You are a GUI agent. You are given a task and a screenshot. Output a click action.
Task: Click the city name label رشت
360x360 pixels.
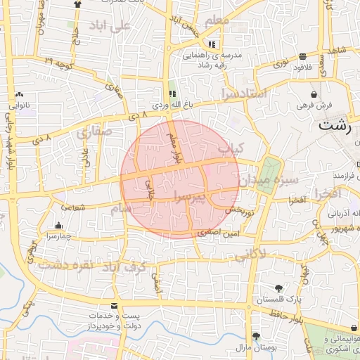335,126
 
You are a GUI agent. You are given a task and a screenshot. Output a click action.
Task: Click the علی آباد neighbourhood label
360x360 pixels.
111,26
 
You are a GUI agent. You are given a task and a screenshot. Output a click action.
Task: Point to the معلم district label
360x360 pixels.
216,22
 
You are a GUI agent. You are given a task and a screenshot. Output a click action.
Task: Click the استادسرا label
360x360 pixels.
243,93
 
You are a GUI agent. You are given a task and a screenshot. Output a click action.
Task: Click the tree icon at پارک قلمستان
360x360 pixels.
279,288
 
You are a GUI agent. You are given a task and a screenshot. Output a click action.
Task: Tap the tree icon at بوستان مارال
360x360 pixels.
256,336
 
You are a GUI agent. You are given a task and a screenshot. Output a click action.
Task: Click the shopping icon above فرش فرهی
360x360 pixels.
314,94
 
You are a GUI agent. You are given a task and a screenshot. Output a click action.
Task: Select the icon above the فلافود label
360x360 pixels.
302,57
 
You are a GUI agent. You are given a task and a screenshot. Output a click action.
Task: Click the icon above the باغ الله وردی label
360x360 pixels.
172,94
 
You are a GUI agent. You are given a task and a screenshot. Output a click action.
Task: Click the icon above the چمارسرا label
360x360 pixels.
58,226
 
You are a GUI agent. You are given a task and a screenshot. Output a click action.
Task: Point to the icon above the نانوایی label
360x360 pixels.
19,95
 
